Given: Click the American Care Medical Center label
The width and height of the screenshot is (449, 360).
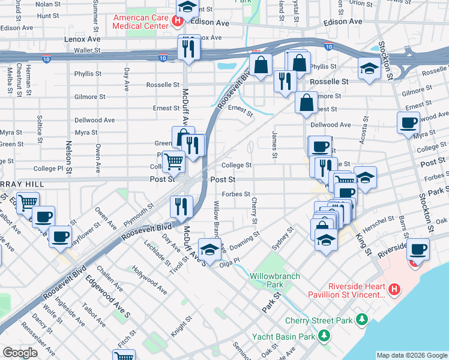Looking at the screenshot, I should pyautogui.click(x=140, y=22).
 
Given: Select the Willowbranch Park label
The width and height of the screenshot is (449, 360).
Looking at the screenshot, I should pyautogui.click(x=266, y=280).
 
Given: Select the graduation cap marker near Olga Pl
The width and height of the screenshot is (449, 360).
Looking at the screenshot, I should pyautogui.click(x=209, y=249).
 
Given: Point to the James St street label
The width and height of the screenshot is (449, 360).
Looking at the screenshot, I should pyautogui.click(x=275, y=146).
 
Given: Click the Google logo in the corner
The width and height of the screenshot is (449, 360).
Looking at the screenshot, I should pyautogui.click(x=20, y=353).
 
